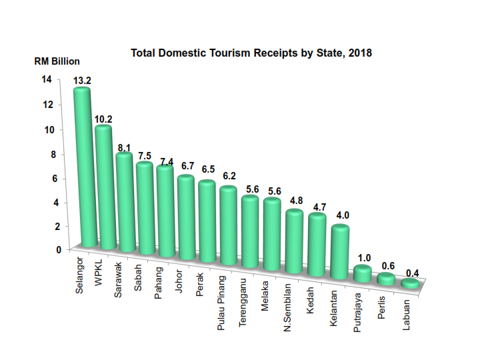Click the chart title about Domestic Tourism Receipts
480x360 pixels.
[251, 53]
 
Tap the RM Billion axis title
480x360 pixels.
[57, 61]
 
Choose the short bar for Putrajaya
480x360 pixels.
[362, 273]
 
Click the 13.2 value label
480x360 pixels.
[83, 81]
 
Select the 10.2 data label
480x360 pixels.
[103, 119]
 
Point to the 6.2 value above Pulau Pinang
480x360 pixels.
[230, 176]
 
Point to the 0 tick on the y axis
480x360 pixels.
[49, 250]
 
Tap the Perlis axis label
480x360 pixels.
[381, 306]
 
